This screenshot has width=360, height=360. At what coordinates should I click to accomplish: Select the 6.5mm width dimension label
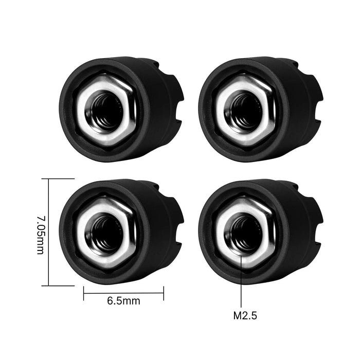[123, 301]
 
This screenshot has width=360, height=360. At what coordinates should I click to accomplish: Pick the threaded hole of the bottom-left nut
[106, 230]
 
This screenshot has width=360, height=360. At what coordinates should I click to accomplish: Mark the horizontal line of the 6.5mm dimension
[123, 294]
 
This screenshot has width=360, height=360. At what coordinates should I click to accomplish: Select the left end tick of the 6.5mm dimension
[83, 294]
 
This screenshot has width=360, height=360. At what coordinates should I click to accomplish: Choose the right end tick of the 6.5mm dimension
[164, 294]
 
